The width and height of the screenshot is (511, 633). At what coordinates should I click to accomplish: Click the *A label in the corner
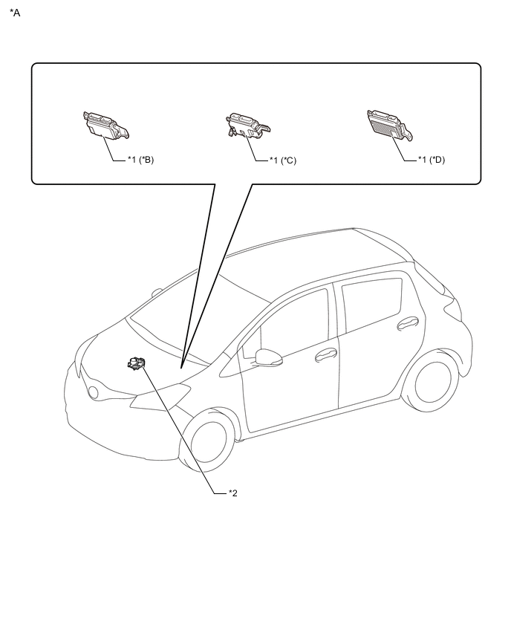pos(15,13)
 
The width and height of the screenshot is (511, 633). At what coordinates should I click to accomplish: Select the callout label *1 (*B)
pos(141,160)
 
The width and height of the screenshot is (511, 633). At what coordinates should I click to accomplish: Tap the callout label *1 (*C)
pos(283,160)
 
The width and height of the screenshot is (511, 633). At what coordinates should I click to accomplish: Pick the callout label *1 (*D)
pos(432,160)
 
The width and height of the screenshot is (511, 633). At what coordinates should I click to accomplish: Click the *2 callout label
pos(233,493)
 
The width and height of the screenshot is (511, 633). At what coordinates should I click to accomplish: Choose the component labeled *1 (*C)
pos(247,126)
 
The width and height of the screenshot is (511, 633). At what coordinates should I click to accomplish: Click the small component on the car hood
pos(136,363)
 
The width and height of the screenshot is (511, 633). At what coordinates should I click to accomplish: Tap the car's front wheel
pos(208,441)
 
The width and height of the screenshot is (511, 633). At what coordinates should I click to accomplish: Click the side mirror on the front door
pos(268,357)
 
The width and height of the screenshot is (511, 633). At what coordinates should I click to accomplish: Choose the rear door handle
pos(408,323)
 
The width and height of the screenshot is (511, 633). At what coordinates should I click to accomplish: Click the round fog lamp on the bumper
pos(94,392)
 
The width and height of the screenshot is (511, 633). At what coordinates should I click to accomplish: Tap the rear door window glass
pos(372,304)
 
